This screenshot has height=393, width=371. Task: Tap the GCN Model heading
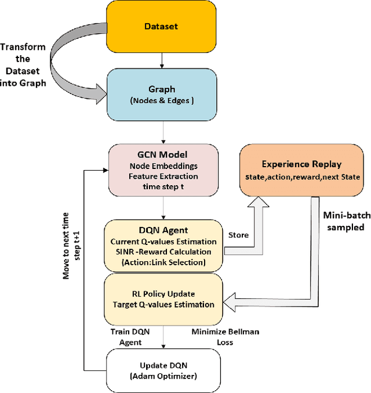pos(163,155)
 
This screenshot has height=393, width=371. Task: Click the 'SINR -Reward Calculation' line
pos(163,251)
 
